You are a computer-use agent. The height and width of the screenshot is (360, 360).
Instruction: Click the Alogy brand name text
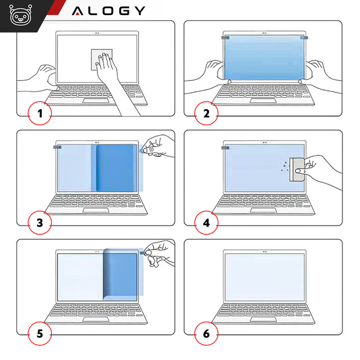(109, 11)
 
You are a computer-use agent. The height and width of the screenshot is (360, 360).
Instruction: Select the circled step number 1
(39, 114)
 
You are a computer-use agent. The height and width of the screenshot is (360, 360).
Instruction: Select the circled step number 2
(206, 114)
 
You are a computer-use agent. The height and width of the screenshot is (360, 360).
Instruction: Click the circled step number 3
(39, 223)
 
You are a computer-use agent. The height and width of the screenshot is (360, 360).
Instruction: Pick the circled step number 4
(206, 223)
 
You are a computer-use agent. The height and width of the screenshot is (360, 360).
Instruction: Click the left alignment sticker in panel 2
(226, 38)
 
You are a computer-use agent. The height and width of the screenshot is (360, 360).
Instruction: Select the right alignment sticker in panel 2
(304, 38)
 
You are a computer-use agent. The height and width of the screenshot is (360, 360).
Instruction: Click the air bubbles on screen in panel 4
(284, 166)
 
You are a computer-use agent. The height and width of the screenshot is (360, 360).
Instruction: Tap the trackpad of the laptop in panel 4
(264, 210)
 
